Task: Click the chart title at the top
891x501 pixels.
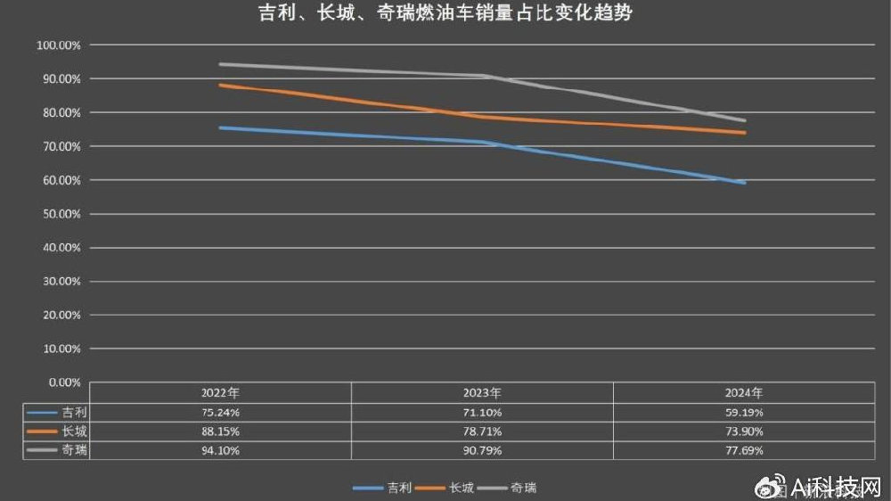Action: pyautogui.click(x=445, y=14)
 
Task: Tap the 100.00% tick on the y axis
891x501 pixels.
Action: pyautogui.click(x=59, y=45)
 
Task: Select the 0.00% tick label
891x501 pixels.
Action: pyautogui.click(x=63, y=382)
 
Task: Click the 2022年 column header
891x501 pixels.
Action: pyautogui.click(x=220, y=392)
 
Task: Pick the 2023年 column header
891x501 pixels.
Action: pyautogui.click(x=482, y=392)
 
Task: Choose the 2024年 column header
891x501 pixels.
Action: pyautogui.click(x=745, y=392)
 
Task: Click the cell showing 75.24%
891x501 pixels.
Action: pyautogui.click(x=220, y=413)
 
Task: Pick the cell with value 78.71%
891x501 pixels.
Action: pyautogui.click(x=482, y=431)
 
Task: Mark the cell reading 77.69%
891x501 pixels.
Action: pyautogui.click(x=745, y=451)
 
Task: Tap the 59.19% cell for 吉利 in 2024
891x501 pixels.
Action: pyautogui.click(x=745, y=413)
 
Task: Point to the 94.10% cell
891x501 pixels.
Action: pyautogui.click(x=220, y=451)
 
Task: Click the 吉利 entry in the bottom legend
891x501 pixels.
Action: pyautogui.click(x=397, y=488)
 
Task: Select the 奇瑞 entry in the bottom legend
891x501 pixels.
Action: pyautogui.click(x=522, y=488)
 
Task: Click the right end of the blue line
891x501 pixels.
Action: pyautogui.click(x=744, y=182)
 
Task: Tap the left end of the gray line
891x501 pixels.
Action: pyautogui.click(x=220, y=64)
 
